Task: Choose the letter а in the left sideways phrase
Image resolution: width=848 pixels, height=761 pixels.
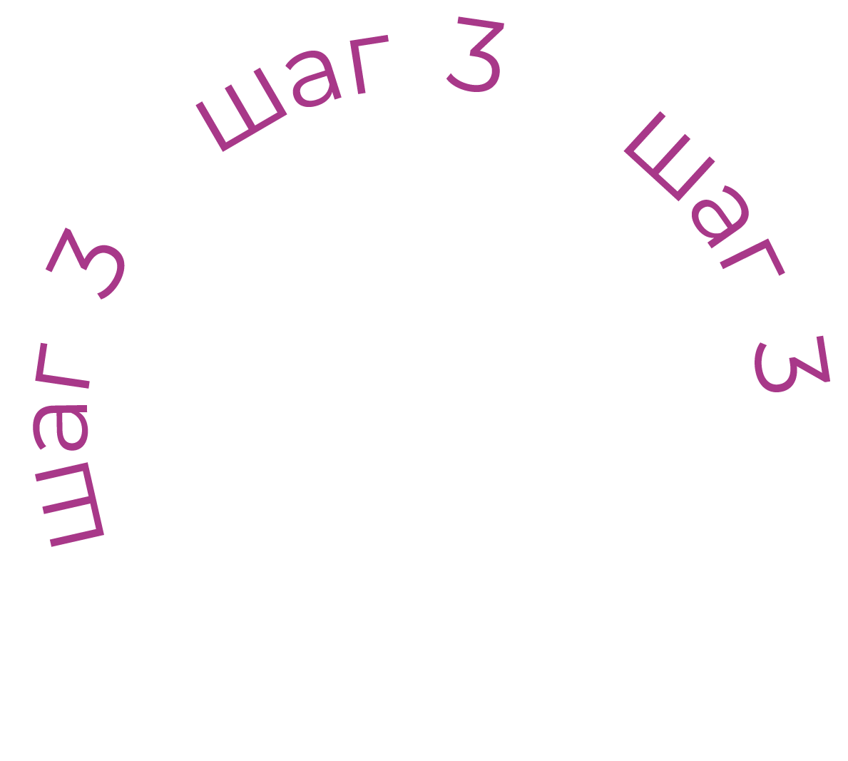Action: click(60, 428)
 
